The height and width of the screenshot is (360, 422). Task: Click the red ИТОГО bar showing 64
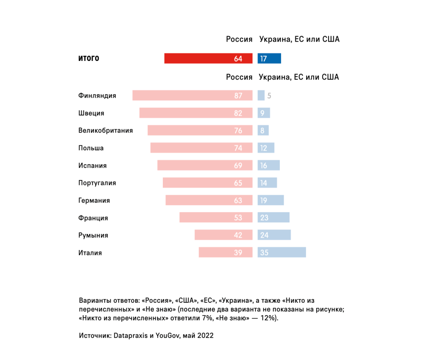pos(208,58)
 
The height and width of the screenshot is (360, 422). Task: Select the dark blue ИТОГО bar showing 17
pos(269,58)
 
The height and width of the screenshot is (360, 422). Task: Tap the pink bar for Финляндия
pos(192,96)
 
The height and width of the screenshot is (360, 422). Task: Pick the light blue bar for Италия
pos(282,252)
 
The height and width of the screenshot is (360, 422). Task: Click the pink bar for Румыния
pos(223,235)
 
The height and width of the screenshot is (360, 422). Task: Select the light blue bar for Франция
pos(274,217)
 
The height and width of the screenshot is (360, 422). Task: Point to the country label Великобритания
pos(105,131)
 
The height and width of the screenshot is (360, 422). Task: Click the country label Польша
pos(91,148)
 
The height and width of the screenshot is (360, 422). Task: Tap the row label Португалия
pos(97,183)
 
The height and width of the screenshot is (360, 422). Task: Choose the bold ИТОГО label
pos(89,58)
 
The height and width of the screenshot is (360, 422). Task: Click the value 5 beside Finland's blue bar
pos(269,96)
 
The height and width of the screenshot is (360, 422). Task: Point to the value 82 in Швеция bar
pos(238,113)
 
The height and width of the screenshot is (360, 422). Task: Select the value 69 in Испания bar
pos(238,166)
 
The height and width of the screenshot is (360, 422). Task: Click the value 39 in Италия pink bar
pos(238,253)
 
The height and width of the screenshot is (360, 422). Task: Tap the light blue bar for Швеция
pos(264,113)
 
